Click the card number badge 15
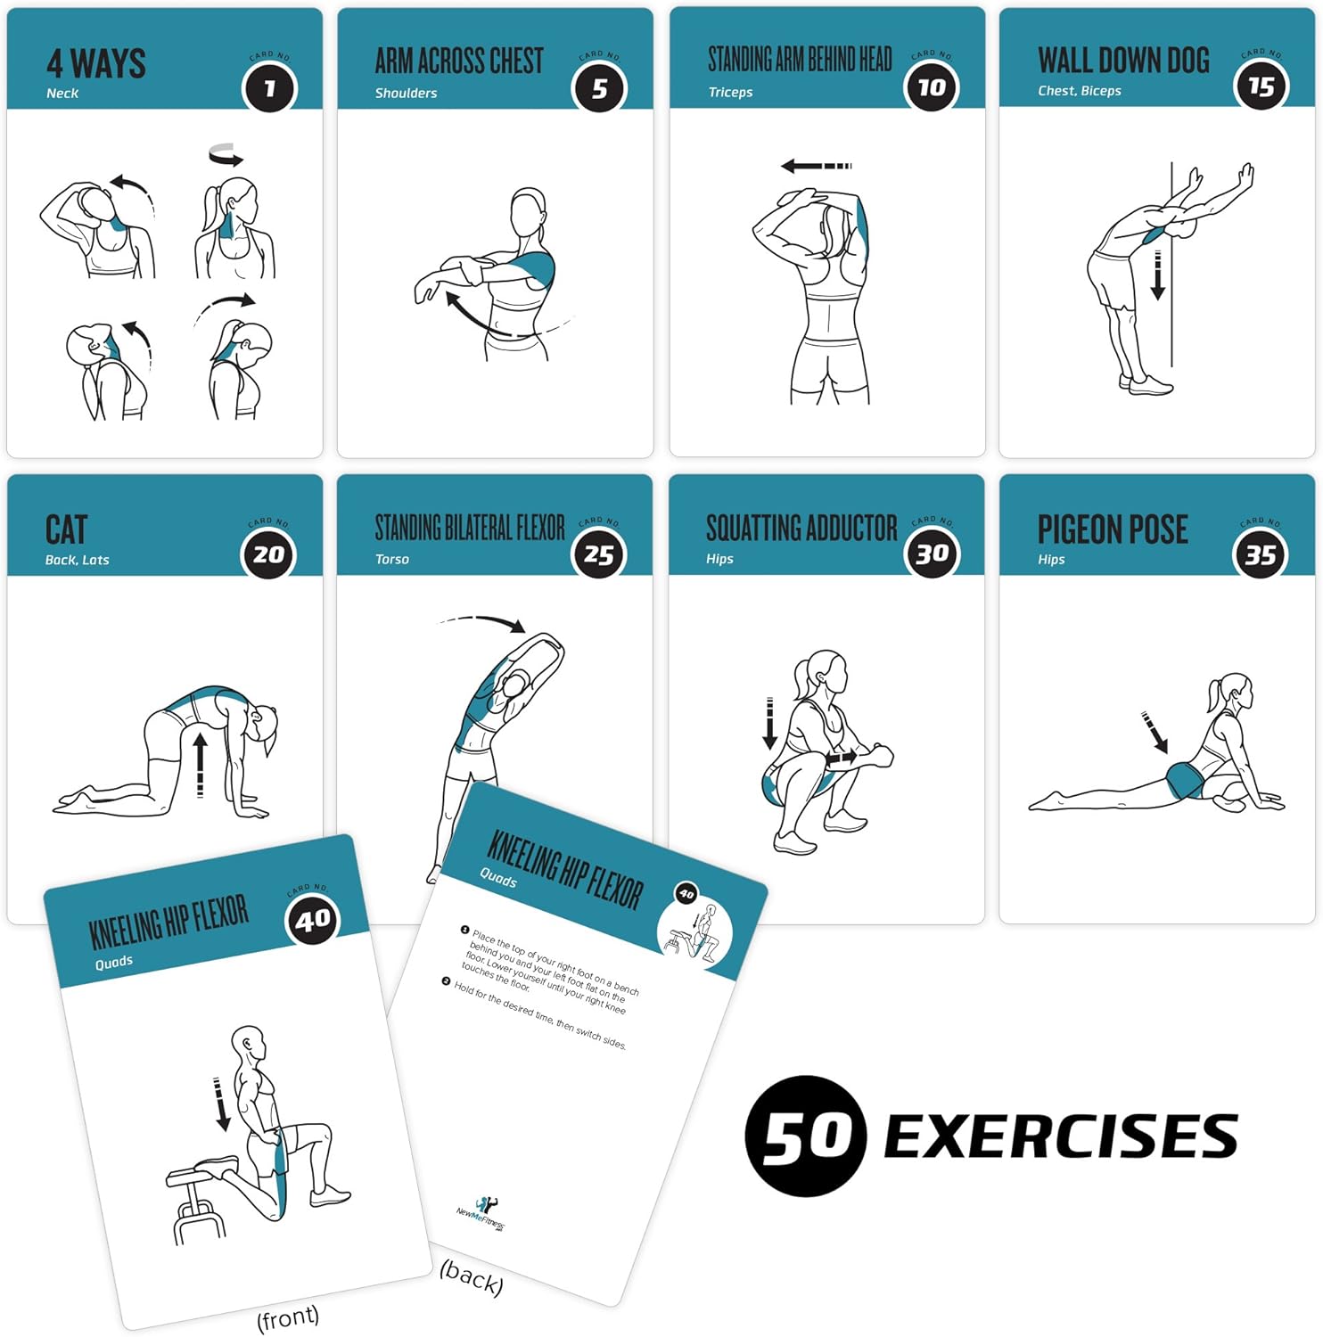[x=1261, y=86]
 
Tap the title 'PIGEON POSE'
[x=1112, y=529]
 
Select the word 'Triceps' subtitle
[x=730, y=92]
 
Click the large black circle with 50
[x=805, y=1136]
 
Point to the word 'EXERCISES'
[x=1060, y=1136]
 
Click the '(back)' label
[x=472, y=1278]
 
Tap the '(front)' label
[x=287, y=1317]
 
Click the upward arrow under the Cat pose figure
[x=200, y=764]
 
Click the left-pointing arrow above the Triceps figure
[x=815, y=166]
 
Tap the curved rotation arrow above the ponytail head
[x=226, y=155]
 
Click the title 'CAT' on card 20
[x=66, y=529]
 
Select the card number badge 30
[x=931, y=554]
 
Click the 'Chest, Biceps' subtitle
[x=1079, y=91]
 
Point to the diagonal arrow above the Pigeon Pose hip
[x=1155, y=732]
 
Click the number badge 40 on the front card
[x=312, y=919]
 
